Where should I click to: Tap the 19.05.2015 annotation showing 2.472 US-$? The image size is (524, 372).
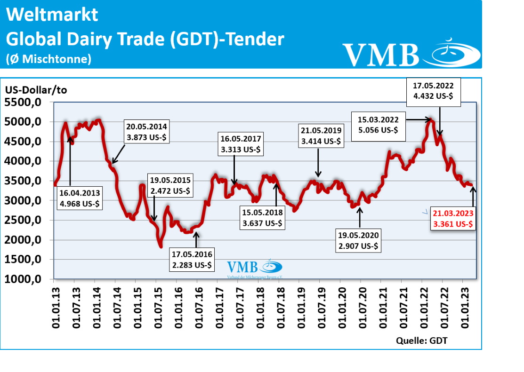170,185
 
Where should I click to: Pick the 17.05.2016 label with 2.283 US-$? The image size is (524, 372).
192,260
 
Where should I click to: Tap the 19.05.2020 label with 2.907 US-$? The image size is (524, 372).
358,240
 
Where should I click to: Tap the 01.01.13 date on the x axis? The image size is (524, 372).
55,309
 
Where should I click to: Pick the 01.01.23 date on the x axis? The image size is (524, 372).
464,309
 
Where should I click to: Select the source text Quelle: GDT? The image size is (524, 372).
422,340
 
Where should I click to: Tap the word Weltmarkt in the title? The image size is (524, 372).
52,15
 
